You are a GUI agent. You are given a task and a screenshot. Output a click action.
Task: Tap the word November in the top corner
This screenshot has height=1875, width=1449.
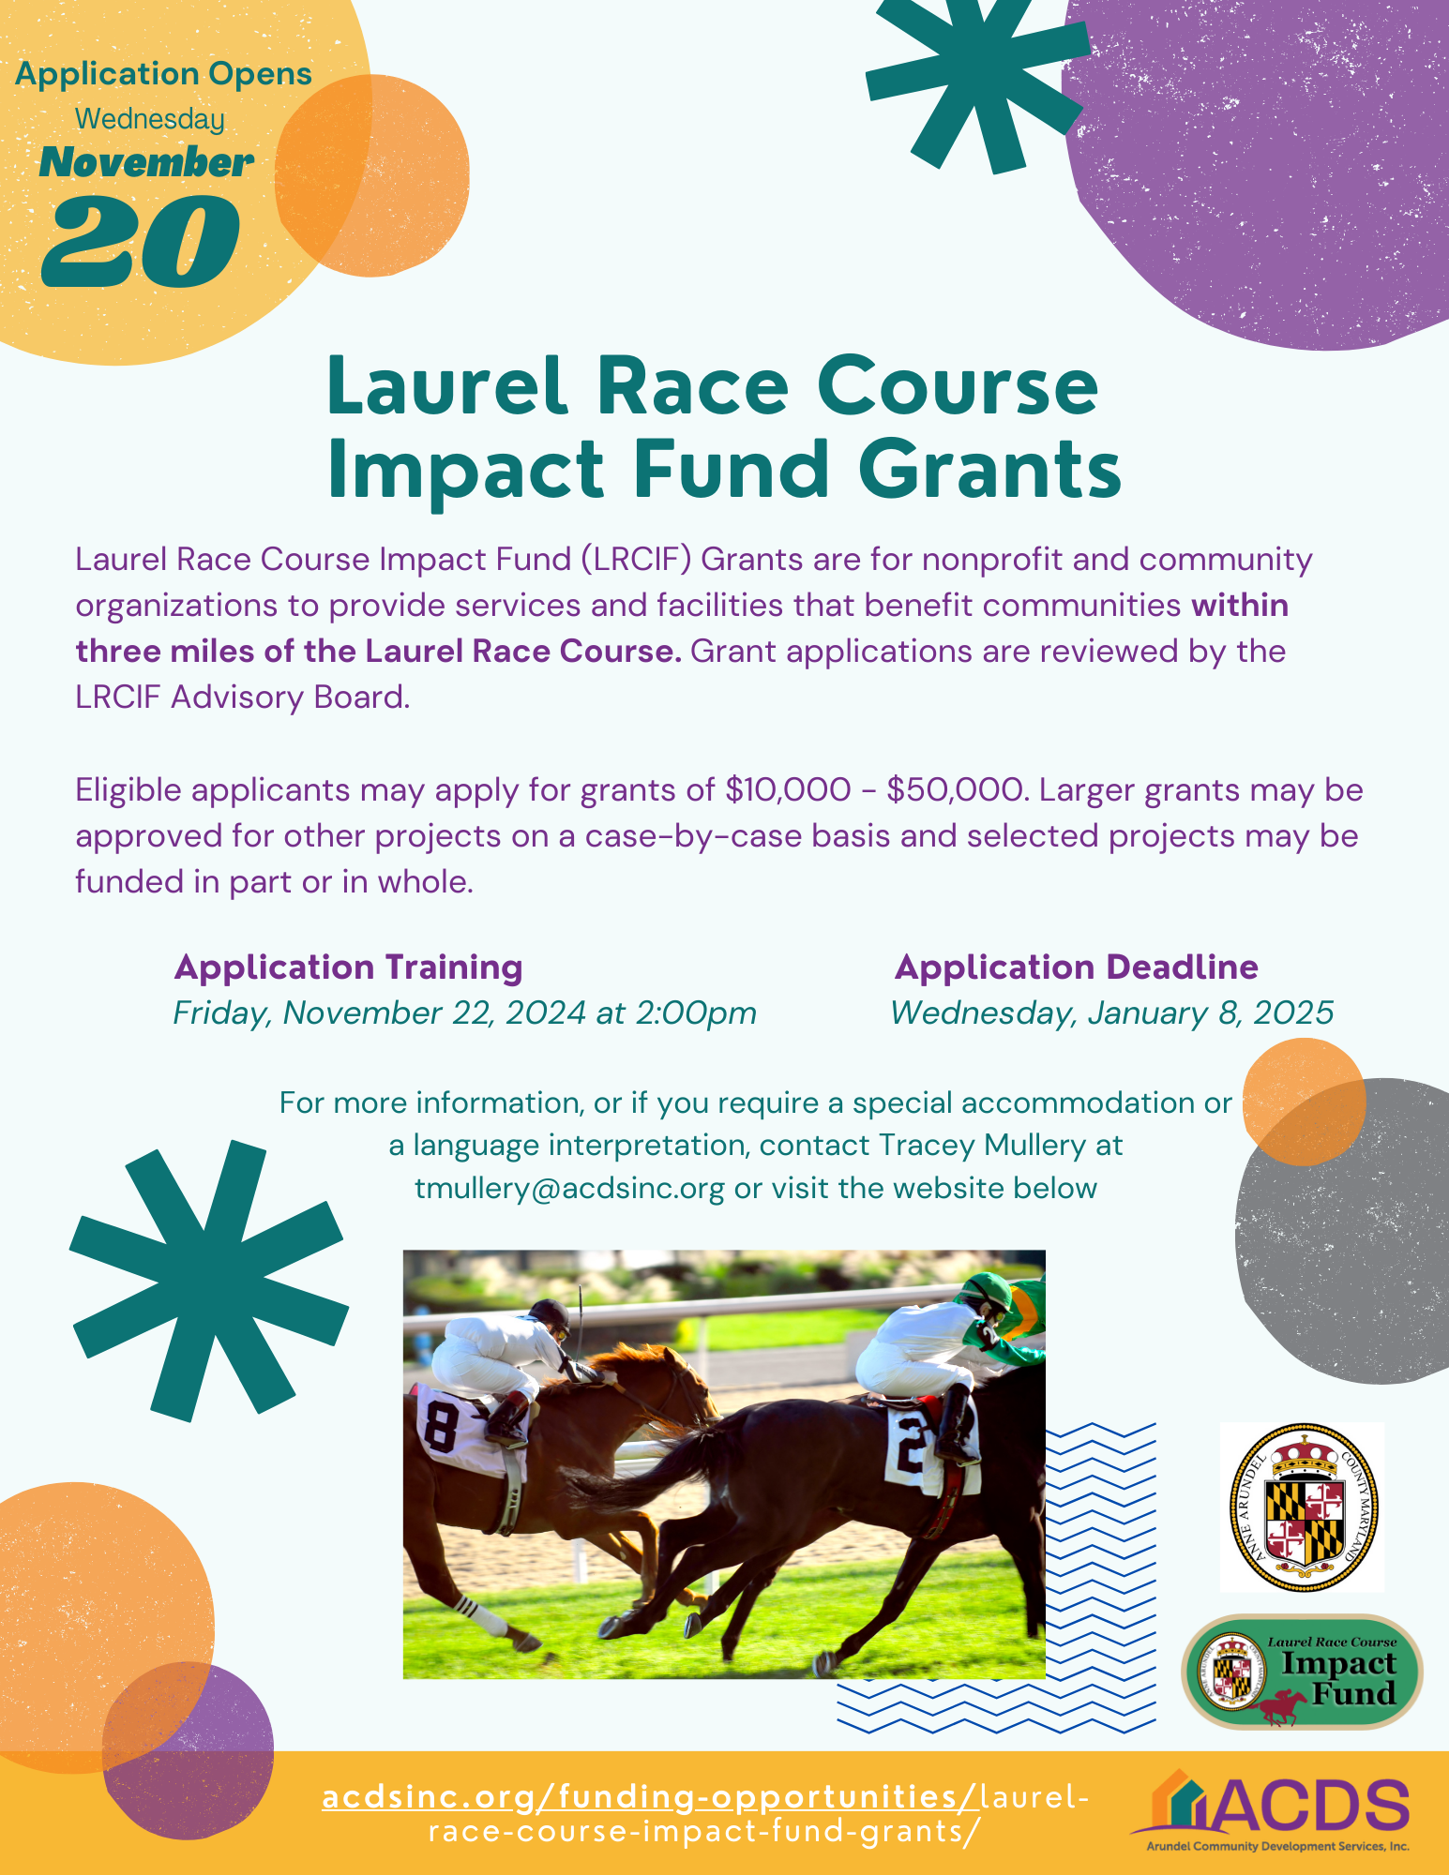click(146, 162)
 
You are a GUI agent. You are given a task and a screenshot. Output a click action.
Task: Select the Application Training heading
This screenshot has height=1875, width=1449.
click(349, 967)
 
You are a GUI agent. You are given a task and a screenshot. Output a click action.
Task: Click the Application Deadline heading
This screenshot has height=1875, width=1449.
click(1077, 967)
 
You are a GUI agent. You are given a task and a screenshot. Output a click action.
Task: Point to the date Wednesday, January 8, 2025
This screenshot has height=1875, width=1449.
click(1112, 1012)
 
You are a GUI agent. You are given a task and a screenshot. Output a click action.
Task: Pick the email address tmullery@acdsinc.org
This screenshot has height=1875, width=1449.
click(570, 1188)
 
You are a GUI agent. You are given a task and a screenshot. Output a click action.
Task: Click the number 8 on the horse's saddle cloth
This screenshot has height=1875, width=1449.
click(440, 1425)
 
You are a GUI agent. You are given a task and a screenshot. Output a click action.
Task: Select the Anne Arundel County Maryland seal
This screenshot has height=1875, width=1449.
click(1302, 1507)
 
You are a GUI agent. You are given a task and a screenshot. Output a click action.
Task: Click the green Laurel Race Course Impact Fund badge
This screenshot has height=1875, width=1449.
click(1302, 1672)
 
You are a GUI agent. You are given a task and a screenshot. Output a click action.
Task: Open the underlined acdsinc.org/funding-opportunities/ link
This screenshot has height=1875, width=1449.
click(651, 1796)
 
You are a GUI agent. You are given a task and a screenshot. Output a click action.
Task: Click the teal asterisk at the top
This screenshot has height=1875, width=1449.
click(975, 80)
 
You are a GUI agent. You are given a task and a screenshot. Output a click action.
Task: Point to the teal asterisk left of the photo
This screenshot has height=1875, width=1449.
click(208, 1281)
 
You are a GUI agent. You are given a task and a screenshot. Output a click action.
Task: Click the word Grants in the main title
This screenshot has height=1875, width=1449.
click(989, 469)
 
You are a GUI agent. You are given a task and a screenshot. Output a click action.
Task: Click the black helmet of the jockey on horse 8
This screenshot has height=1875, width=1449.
click(551, 1314)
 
